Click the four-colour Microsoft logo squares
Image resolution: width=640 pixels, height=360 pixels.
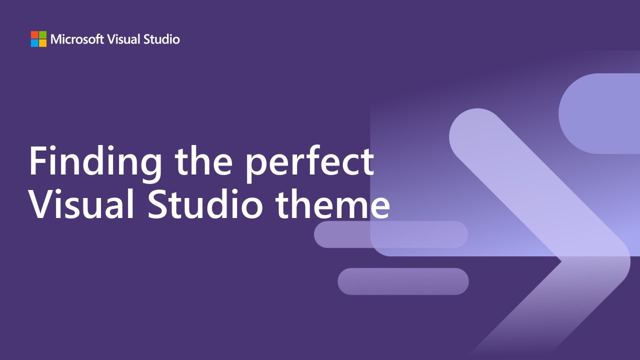(x=38, y=39)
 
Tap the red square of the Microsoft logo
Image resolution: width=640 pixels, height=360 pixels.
(x=34, y=35)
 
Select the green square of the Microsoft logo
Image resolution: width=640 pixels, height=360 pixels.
(x=42, y=35)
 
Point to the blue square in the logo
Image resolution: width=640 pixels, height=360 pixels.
(x=34, y=43)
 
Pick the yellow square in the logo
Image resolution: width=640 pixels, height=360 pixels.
(x=42, y=43)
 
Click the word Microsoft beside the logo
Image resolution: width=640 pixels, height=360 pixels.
(x=77, y=39)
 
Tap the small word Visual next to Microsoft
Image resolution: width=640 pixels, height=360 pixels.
(x=124, y=39)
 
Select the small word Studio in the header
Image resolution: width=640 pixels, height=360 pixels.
(x=161, y=39)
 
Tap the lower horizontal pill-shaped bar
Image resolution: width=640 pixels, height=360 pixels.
(x=403, y=281)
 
